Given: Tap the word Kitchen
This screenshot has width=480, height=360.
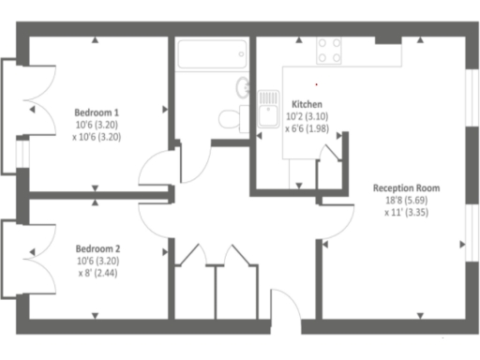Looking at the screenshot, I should click(x=307, y=104).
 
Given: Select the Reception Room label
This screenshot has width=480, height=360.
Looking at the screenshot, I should click(x=406, y=187).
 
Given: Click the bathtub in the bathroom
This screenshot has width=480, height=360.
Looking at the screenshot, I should click(x=211, y=55).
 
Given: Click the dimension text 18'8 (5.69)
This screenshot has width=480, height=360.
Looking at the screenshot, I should click(x=406, y=200).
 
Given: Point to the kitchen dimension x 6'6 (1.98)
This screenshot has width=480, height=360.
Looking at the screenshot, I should click(x=307, y=128).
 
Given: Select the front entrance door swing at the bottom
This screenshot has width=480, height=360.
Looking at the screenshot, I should click(x=285, y=308).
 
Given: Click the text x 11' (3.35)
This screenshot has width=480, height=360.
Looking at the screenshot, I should click(x=406, y=212).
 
